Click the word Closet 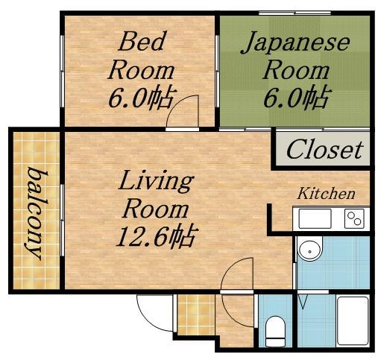(x=324, y=149)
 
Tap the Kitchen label (x=326, y=194)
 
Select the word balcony (x=36, y=214)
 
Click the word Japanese (x=296, y=42)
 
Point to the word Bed (x=142, y=41)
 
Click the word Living (x=156, y=180)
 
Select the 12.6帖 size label (x=157, y=236)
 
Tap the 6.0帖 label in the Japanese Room (x=297, y=97)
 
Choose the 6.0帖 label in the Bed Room (x=142, y=97)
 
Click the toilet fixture (x=275, y=331)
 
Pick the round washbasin (x=310, y=249)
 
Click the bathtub (x=353, y=320)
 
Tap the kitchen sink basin (x=315, y=218)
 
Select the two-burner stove (x=354, y=218)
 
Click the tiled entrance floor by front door (x=196, y=315)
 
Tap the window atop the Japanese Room (x=295, y=13)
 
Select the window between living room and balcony (x=63, y=220)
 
